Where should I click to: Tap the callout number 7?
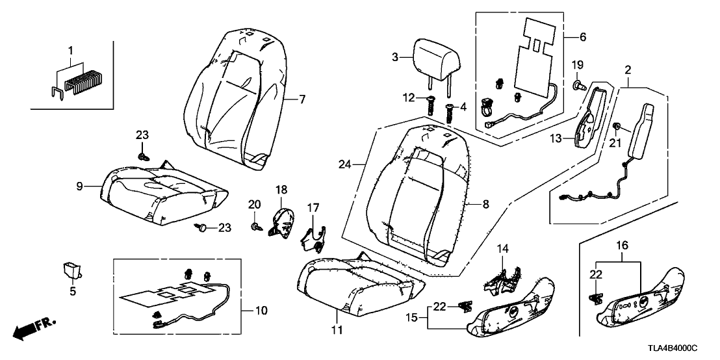coord(302,99)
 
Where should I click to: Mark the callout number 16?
coord(621,246)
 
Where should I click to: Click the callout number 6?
coord(582,38)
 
